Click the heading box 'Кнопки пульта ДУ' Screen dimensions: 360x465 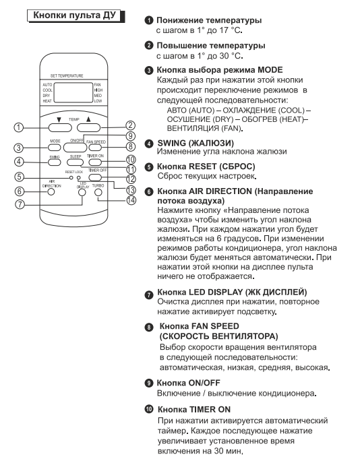(76, 15)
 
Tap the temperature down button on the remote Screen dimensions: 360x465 (60, 127)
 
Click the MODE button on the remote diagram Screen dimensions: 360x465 (55, 148)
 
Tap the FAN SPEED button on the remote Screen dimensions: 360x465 (95, 147)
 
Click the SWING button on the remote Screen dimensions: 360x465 (55, 162)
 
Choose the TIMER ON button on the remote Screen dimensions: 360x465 (95, 162)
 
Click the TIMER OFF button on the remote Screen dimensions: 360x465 (95, 177)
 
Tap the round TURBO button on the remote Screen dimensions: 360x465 (98, 192)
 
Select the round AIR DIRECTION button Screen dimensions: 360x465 (51, 191)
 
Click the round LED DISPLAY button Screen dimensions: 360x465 (82, 192)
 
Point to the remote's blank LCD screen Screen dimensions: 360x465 (73, 92)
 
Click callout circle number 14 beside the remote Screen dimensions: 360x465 (131, 200)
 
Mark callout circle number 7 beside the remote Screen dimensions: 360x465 (20, 204)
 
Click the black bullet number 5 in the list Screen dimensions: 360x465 (149, 167)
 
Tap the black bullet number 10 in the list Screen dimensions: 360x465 (149, 409)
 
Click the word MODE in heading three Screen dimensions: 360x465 (270, 70)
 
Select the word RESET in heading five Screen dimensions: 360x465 (202, 166)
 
